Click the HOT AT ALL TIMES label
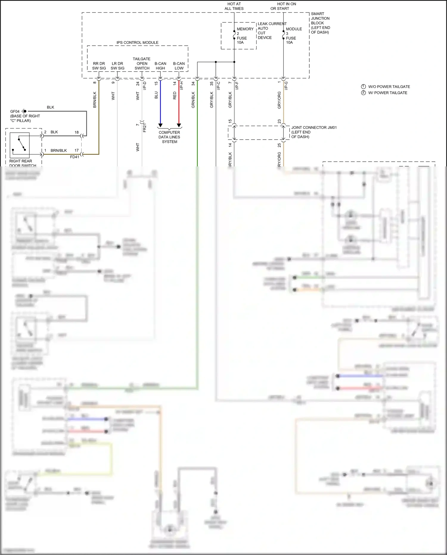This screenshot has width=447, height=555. point(234,6)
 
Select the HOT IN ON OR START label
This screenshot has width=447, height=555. point(283,6)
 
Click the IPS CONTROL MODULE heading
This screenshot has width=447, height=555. point(137,43)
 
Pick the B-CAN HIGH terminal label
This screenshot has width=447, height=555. point(160,66)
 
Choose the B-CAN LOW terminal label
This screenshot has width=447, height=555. point(179,66)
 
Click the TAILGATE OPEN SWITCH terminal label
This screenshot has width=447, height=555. point(142,64)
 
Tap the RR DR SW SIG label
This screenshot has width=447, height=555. point(99,66)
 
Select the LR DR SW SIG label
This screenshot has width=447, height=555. point(117,66)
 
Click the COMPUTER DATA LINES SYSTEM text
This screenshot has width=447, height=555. point(169,137)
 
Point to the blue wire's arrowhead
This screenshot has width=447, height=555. point(160,125)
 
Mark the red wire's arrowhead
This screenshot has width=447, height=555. point(179,125)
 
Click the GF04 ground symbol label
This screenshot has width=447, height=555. point(15,112)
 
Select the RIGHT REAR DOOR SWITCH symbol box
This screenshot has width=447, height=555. point(20,145)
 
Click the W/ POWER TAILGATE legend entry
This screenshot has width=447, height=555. point(387,93)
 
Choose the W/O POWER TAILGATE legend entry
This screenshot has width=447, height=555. point(389,87)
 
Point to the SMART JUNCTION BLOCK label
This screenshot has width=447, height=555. point(320,23)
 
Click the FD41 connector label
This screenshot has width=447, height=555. point(74,157)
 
